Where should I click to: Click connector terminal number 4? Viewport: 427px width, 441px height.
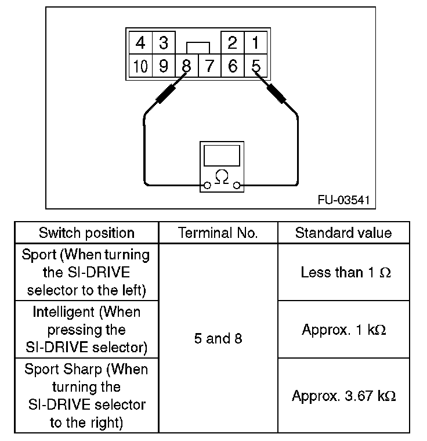point(140,42)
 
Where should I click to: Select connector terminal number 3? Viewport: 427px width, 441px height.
point(163,42)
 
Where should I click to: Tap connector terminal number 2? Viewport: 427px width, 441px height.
point(233,42)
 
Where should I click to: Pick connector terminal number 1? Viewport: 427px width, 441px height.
point(255,42)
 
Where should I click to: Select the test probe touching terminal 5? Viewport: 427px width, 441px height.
point(276,93)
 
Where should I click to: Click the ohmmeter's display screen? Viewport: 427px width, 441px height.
point(221,156)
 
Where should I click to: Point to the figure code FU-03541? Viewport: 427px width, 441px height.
point(342,200)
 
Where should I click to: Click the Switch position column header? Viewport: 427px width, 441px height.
point(86,233)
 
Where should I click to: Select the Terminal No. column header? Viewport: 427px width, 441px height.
point(218,233)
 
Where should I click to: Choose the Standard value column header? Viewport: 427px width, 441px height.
point(343,233)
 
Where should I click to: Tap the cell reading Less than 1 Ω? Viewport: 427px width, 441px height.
point(343,272)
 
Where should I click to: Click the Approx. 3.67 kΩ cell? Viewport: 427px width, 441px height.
point(343,396)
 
